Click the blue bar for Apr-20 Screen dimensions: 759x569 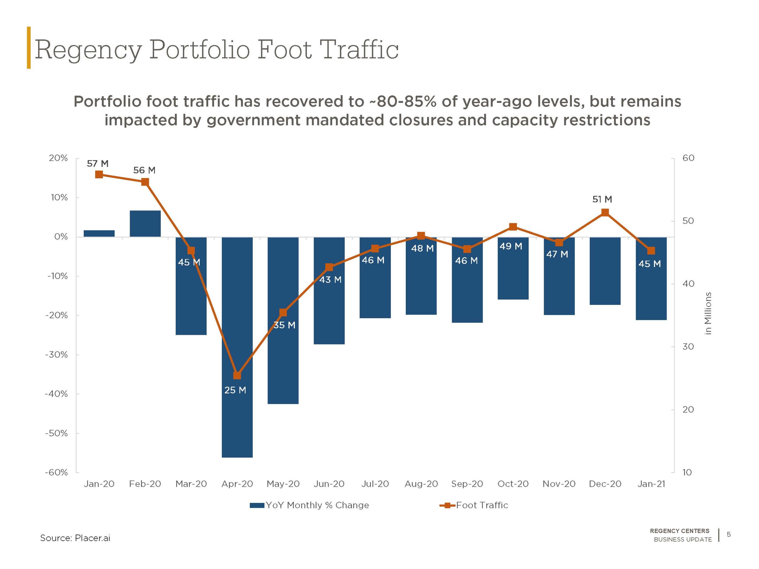(237, 347)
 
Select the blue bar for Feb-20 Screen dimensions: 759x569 (145, 224)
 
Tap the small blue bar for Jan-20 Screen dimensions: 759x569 (99, 234)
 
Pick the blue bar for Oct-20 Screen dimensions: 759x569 (513, 268)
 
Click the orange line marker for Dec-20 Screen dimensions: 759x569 (605, 213)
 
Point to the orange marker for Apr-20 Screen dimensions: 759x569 (237, 375)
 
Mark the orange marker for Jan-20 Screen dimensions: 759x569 (99, 174)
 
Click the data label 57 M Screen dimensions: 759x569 (98, 164)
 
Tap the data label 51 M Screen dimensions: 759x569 (602, 199)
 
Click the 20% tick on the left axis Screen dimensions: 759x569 (58, 158)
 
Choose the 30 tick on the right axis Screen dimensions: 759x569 (688, 346)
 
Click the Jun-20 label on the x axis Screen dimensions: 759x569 (329, 484)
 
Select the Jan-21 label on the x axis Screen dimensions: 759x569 (651, 484)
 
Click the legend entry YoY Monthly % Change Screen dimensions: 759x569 (310, 505)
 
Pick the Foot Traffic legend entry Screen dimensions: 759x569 (474, 505)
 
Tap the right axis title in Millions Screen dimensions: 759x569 (708, 314)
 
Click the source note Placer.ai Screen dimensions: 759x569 (92, 538)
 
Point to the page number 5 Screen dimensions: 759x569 (729, 534)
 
